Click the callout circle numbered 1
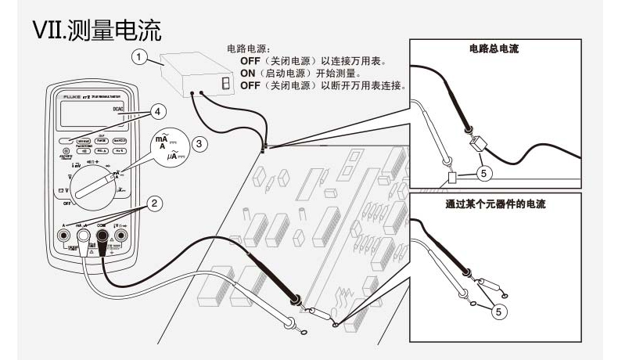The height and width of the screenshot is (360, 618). (139, 56)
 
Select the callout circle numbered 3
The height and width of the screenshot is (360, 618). (201, 143)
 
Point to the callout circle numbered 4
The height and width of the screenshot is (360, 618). (157, 110)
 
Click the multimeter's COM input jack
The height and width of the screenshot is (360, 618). (102, 234)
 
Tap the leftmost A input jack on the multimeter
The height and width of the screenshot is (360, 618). (63, 234)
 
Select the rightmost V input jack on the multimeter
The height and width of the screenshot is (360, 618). (121, 234)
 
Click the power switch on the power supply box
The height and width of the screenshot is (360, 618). (225, 83)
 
